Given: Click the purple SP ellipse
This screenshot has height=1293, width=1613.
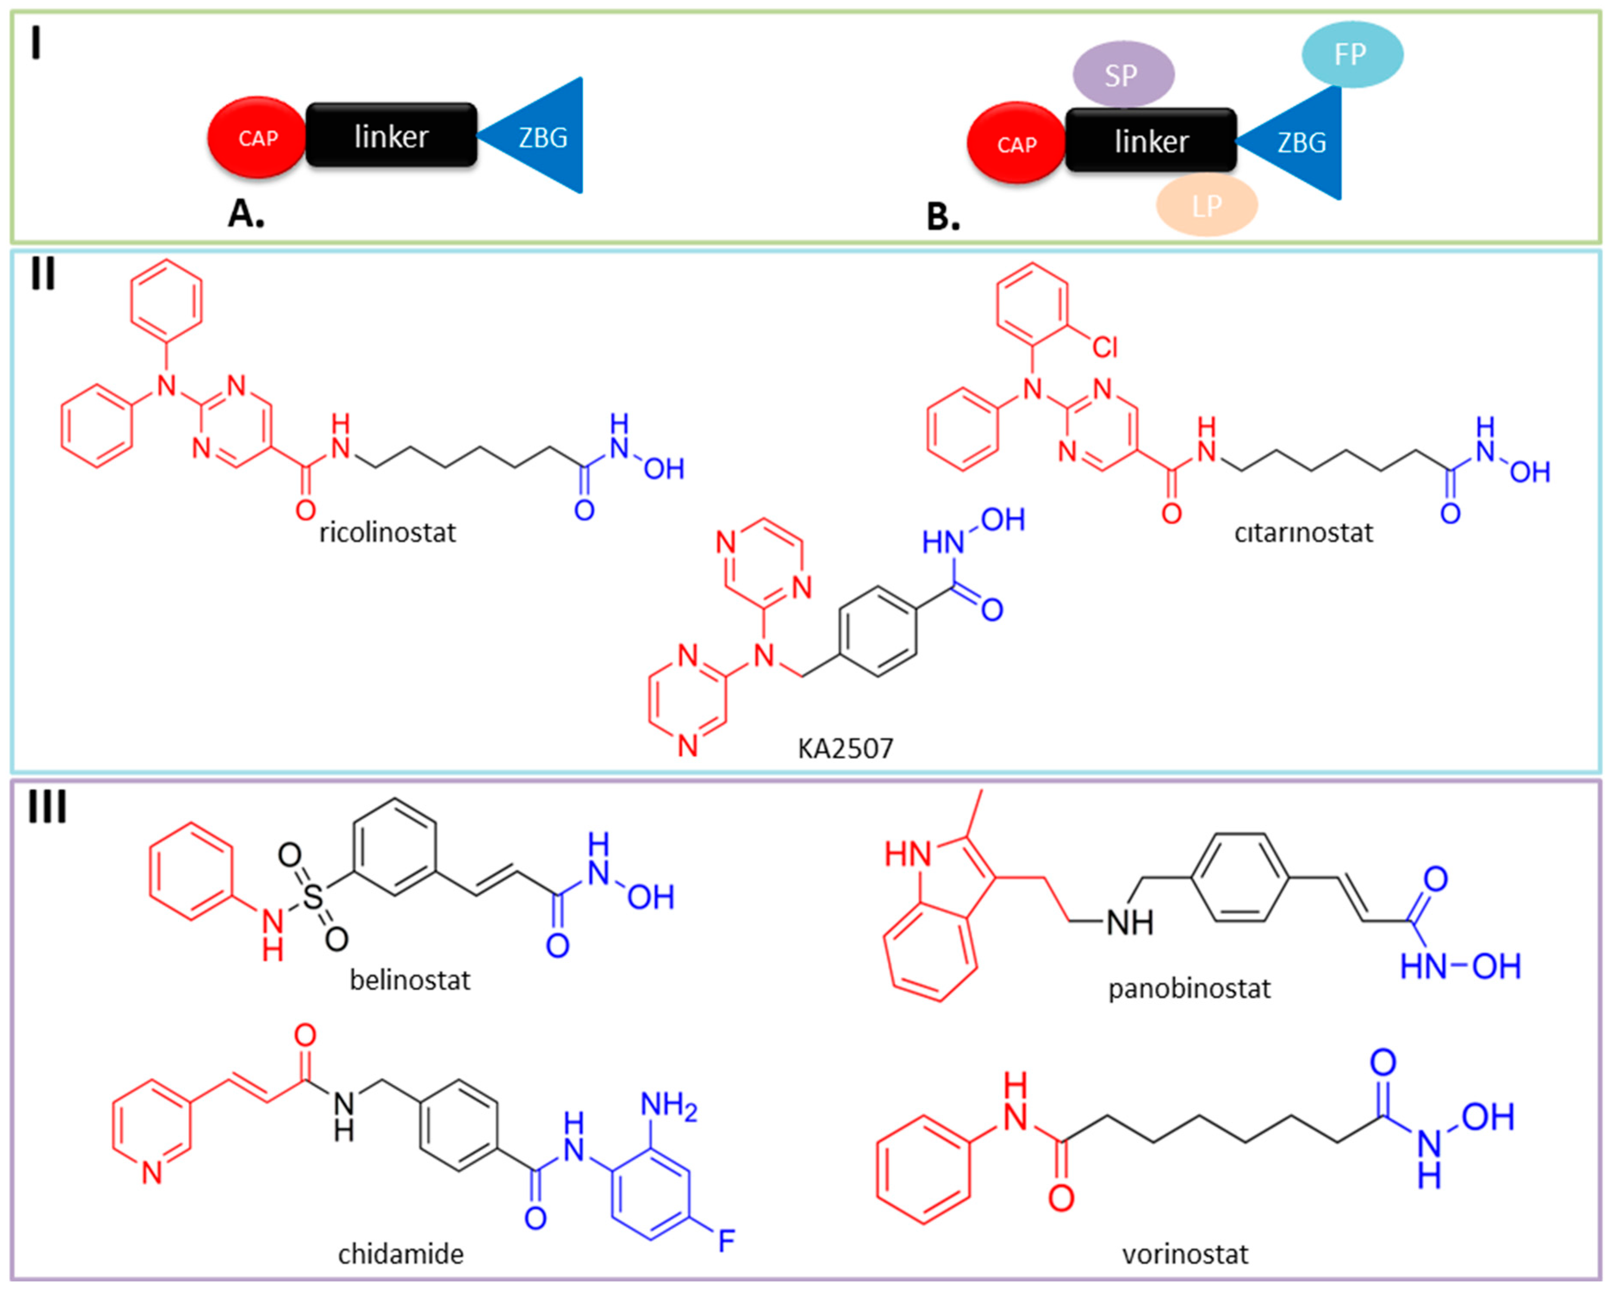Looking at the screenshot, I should [x=1123, y=74].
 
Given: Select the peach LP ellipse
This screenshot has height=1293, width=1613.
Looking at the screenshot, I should [x=1206, y=205].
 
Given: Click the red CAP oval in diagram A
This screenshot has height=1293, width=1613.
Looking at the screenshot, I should [x=257, y=138].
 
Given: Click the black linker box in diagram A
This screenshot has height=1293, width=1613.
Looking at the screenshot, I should [x=391, y=135].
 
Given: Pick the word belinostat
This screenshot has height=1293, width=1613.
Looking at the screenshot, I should [x=410, y=979].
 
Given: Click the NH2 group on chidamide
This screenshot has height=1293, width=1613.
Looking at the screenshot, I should [x=668, y=1105].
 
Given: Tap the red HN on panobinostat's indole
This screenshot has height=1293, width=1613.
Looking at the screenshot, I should [x=908, y=854].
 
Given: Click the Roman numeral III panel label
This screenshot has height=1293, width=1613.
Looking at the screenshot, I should [x=47, y=807].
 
